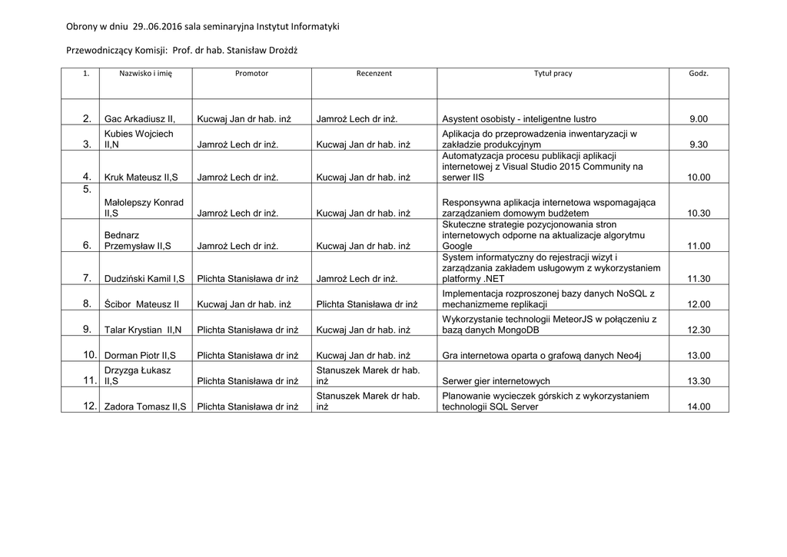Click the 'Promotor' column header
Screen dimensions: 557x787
[251, 74]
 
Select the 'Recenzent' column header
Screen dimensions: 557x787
[374, 74]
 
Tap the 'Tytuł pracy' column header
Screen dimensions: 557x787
[553, 74]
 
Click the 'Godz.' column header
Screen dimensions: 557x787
[699, 74]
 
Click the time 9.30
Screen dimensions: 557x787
[699, 144]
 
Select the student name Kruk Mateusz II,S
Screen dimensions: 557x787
[141, 177]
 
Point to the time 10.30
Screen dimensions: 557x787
[699, 213]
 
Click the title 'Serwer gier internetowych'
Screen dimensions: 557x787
[496, 381]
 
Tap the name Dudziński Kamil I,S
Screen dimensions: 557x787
[144, 279]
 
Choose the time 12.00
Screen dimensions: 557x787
[699, 304]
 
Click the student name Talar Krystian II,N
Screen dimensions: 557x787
[143, 330]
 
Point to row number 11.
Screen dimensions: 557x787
[90, 381]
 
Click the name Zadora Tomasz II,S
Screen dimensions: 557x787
[145, 406]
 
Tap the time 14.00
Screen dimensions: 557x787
[699, 406]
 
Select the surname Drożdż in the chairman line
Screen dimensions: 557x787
[291, 51]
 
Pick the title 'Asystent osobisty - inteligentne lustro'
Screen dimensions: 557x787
[520, 119]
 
